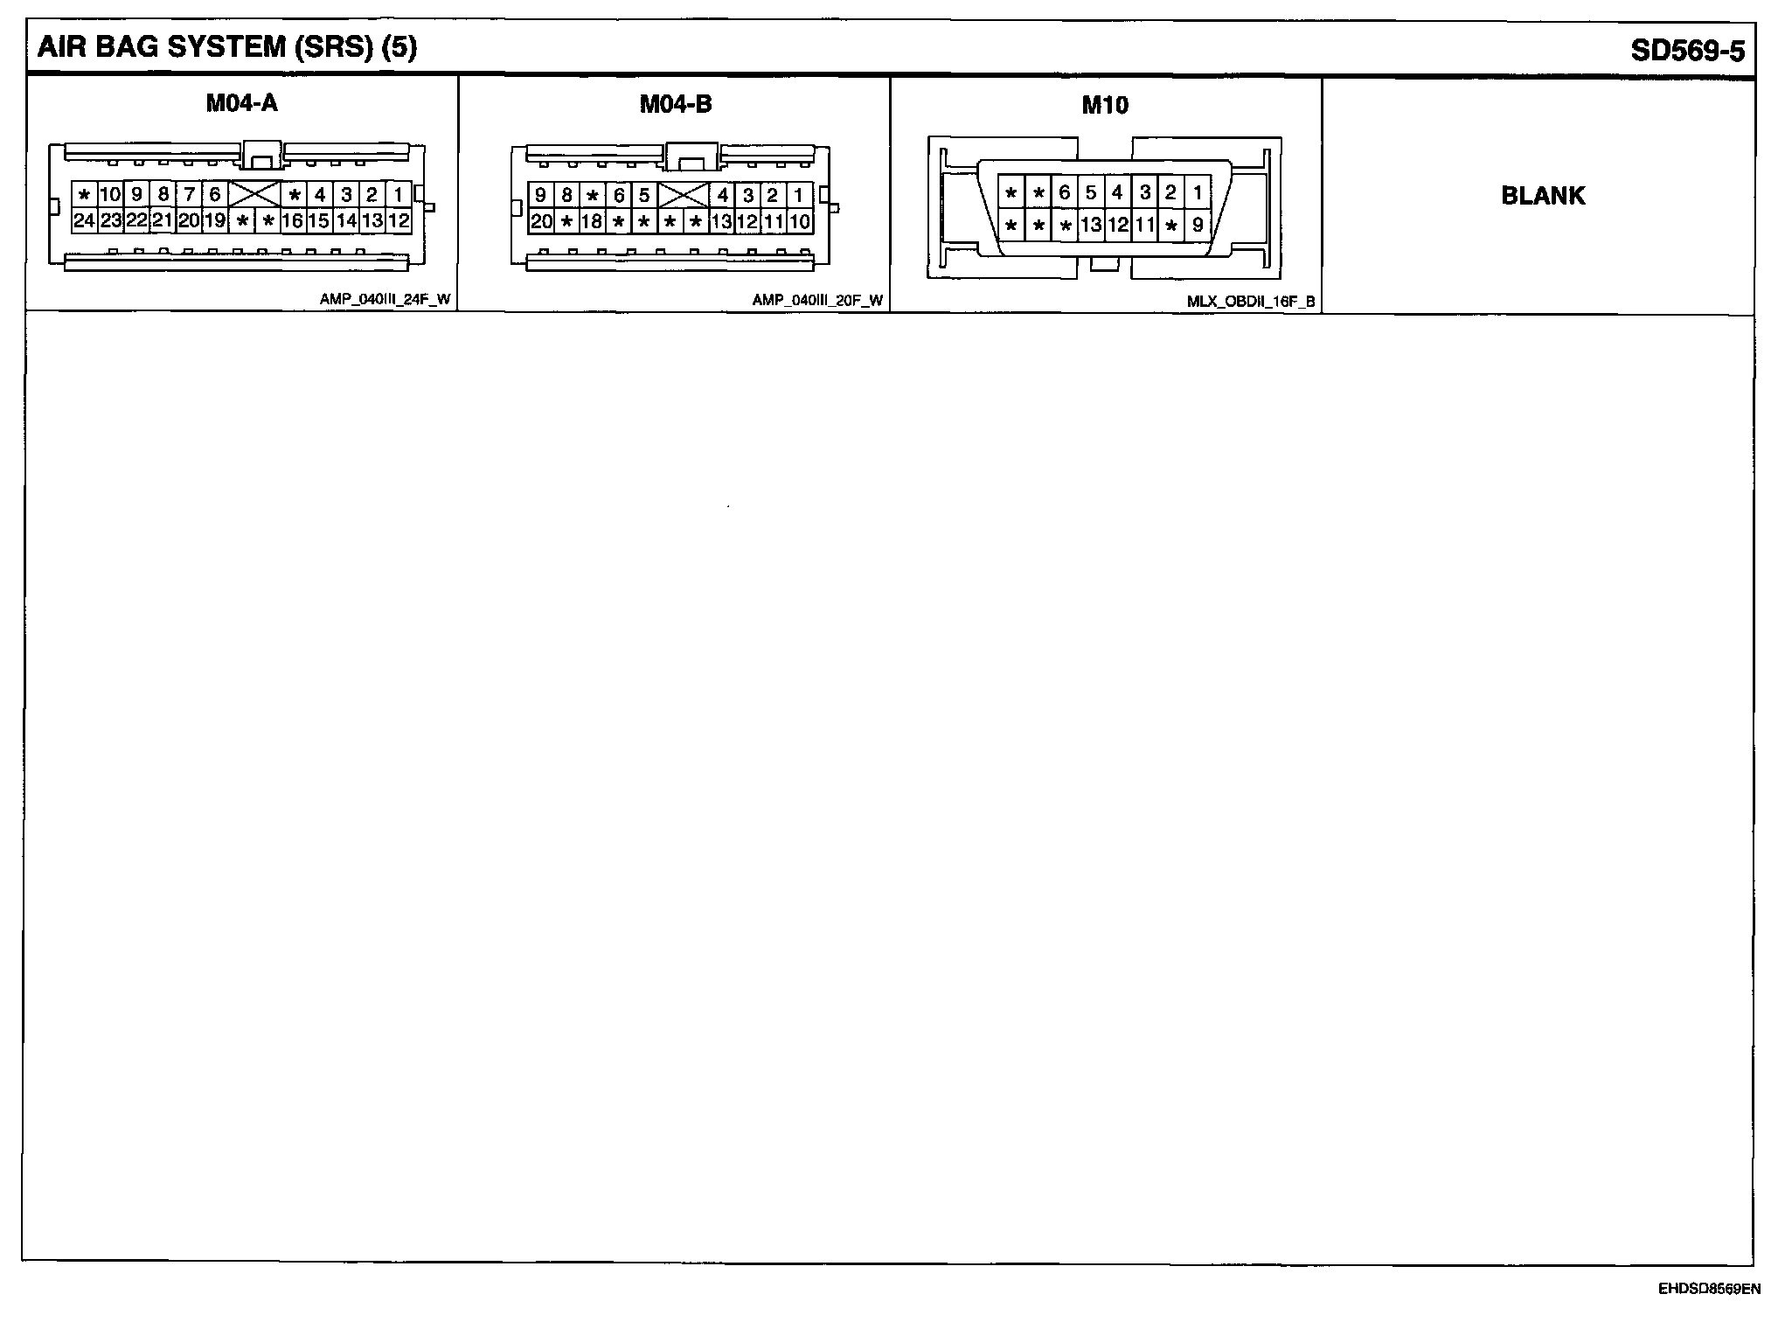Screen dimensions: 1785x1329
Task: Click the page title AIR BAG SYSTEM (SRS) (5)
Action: coord(227,47)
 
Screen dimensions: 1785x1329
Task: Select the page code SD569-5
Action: coord(1687,51)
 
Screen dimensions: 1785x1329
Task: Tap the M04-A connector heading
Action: coord(242,103)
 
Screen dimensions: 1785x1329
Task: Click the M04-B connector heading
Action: coord(676,104)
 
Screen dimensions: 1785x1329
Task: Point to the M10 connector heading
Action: coord(1105,106)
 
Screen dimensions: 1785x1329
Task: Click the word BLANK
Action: coord(1543,196)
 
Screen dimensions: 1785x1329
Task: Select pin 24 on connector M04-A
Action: coord(84,220)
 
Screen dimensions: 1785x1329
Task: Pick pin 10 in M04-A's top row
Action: coord(110,194)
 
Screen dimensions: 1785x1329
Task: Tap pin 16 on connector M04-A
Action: coord(292,220)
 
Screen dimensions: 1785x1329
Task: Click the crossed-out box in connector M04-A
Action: coord(254,194)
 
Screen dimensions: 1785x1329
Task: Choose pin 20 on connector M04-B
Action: coord(541,221)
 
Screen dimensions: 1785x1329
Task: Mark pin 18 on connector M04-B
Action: coord(592,221)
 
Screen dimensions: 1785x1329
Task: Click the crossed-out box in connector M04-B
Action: coord(683,195)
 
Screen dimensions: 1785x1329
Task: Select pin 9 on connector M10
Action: coord(1198,225)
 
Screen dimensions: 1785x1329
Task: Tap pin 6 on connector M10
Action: coord(1064,192)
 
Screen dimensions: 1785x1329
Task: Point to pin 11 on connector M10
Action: coord(1144,225)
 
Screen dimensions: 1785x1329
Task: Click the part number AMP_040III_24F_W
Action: coord(385,299)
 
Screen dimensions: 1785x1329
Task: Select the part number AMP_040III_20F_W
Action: coord(817,300)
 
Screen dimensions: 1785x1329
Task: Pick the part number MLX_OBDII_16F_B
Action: coord(1251,302)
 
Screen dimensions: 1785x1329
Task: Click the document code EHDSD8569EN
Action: coord(1709,1289)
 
